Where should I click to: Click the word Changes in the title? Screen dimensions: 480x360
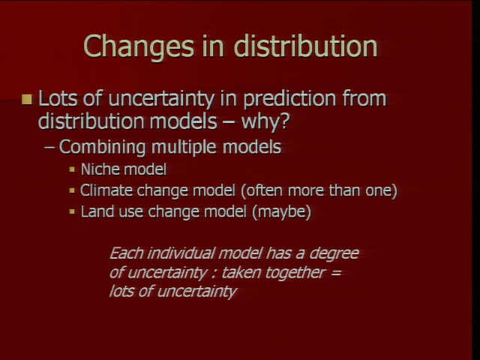[139, 46]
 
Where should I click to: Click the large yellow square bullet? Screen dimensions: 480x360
[27, 99]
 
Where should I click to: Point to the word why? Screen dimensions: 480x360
[265, 121]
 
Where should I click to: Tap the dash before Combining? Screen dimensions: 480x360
[49, 147]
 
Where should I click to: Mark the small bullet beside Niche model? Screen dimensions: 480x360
[72, 169]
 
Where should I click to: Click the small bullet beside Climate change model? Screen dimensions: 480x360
[72, 190]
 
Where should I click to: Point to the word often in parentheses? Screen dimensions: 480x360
[262, 190]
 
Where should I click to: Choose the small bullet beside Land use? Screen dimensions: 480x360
[72, 211]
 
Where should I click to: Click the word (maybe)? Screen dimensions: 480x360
[282, 211]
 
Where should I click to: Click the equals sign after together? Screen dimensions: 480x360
[336, 272]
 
